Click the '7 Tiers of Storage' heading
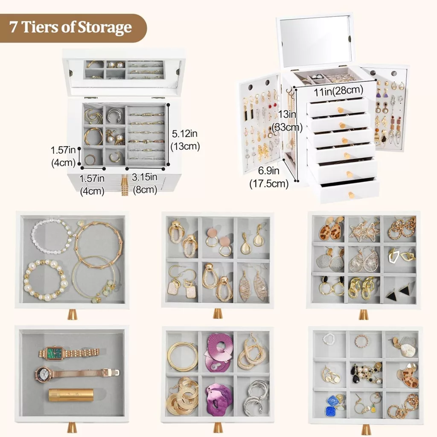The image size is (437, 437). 70,27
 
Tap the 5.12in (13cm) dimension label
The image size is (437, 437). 185,140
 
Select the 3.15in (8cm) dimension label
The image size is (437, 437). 145,184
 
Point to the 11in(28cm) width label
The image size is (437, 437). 338,90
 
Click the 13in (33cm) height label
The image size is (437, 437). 287,120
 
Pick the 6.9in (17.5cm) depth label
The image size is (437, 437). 269,177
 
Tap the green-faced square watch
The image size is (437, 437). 69,353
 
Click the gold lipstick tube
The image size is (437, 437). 71,395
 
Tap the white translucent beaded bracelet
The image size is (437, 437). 51,236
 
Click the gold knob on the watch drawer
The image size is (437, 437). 72,427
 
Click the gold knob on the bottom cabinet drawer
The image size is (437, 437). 351,195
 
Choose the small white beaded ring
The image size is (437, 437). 328,338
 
